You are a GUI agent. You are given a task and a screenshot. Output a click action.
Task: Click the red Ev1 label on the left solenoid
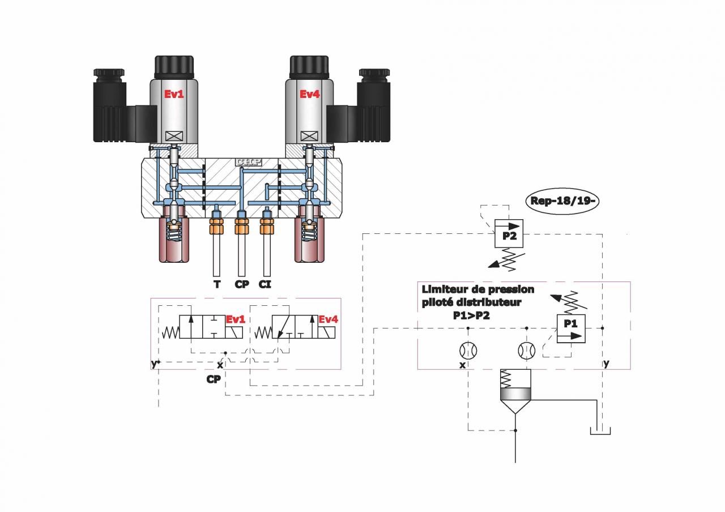[x=174, y=94]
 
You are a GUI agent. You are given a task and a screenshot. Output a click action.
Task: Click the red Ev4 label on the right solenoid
[x=310, y=94]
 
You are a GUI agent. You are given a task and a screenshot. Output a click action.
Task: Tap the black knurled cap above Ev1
[x=174, y=67]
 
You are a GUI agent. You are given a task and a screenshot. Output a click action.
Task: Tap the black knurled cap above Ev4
[x=310, y=67]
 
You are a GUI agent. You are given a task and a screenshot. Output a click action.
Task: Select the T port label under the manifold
[x=217, y=284]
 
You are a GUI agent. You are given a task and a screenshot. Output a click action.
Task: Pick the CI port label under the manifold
[x=265, y=284]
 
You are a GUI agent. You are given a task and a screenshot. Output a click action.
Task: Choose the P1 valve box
[x=571, y=328]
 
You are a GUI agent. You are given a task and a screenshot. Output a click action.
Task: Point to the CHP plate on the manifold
[x=249, y=162]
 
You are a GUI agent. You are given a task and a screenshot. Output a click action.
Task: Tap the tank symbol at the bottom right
[x=600, y=431]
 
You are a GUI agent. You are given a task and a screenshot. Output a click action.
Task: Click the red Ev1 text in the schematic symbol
[x=235, y=319]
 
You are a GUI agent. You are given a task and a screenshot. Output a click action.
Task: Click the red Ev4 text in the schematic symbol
[x=328, y=319]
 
